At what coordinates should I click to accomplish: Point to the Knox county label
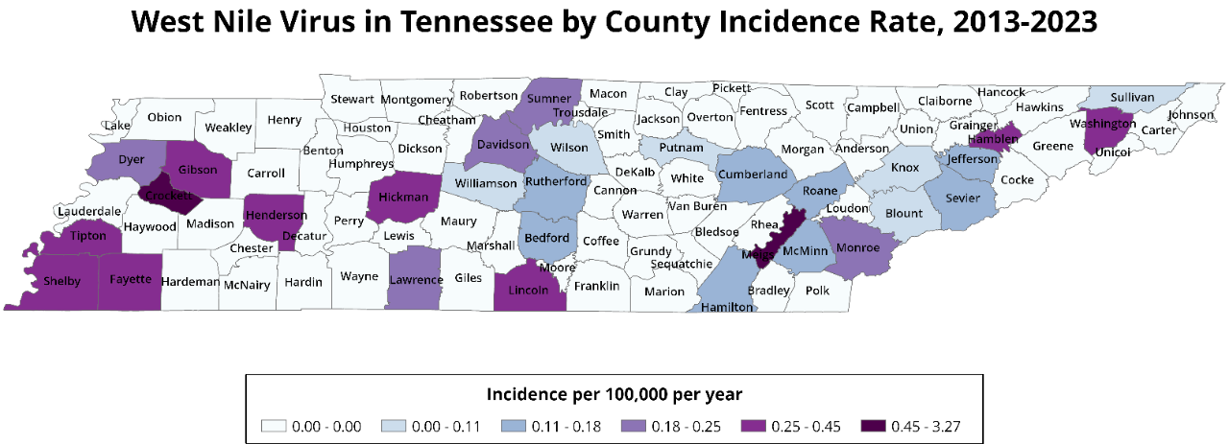pyautogui.click(x=905, y=168)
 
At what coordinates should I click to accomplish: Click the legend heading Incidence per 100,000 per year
pyautogui.click(x=614, y=394)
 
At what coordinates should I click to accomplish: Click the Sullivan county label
pyautogui.click(x=1132, y=97)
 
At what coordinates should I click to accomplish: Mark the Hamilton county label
pyautogui.click(x=728, y=307)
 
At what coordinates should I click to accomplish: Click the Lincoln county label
pyautogui.click(x=528, y=289)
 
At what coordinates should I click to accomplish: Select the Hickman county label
pyautogui.click(x=404, y=198)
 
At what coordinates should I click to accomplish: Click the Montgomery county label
pyautogui.click(x=416, y=100)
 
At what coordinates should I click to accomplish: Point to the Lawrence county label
pyautogui.click(x=417, y=280)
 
